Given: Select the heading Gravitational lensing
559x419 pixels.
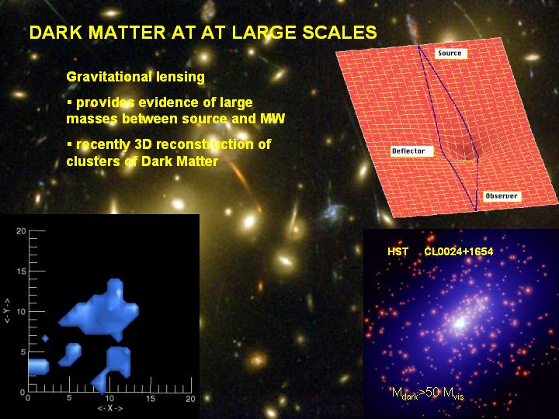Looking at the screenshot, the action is point(135,77).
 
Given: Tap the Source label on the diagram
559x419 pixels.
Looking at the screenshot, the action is point(450,53).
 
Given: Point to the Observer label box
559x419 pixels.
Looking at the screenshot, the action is point(502,196).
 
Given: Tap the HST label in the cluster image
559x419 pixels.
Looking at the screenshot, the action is point(398,252).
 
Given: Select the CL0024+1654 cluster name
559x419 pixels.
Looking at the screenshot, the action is point(459,252).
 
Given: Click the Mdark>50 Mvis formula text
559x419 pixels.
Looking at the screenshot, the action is point(428,393).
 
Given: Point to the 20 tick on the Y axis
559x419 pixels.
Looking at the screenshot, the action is point(21,231).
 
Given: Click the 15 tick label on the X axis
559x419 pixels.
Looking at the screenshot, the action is point(151,398).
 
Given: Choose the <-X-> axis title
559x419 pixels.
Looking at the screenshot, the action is point(109,408).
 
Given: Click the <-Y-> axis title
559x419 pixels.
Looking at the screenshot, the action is point(7,311).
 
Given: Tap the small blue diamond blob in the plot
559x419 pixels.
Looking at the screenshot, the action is point(45,338).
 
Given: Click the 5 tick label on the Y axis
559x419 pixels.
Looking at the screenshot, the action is point(23,352).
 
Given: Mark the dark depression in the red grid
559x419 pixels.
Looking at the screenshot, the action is point(463,151).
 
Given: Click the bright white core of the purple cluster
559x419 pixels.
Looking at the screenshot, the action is point(460,323).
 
